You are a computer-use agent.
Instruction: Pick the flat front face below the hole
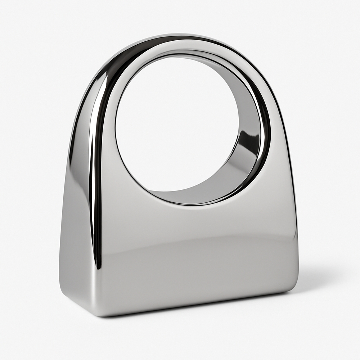coord(194,252)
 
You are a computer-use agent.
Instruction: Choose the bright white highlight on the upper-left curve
coord(103,83)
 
